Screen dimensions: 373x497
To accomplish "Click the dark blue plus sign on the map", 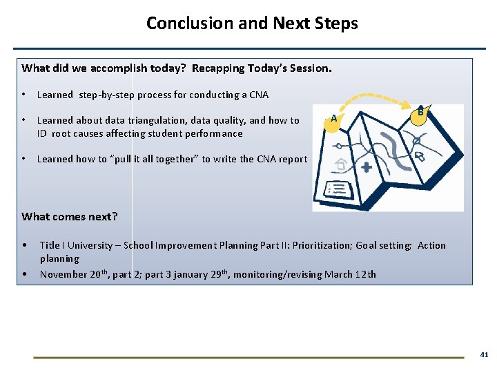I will tap(366, 167).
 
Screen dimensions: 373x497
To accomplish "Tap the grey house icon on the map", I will tap(340, 164).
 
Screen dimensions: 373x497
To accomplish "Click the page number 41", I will tap(484, 354).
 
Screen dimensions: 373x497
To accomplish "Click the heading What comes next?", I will tap(70, 216).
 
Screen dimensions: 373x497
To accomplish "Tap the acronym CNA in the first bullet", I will tap(258, 95).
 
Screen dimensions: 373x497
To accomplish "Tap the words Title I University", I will tap(76, 245).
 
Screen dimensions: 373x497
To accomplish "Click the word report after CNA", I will tap(293, 159).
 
